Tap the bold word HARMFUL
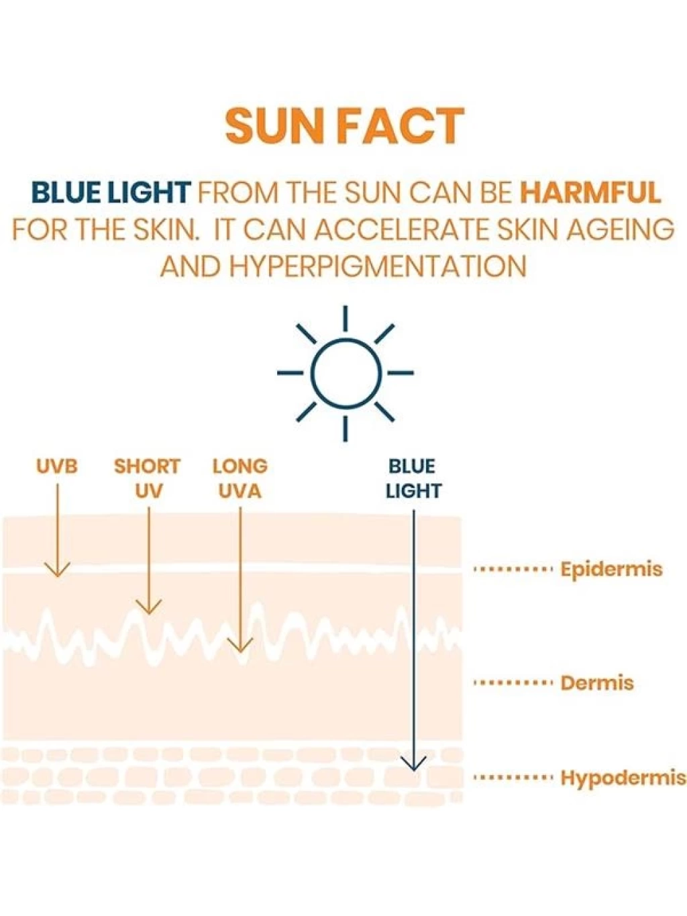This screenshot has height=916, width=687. [590, 193]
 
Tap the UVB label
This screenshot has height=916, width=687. [57, 466]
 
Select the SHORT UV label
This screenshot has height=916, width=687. [147, 479]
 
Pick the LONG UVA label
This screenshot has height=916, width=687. [240, 479]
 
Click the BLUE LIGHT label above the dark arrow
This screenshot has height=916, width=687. [413, 479]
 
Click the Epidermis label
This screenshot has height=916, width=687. [611, 570]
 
